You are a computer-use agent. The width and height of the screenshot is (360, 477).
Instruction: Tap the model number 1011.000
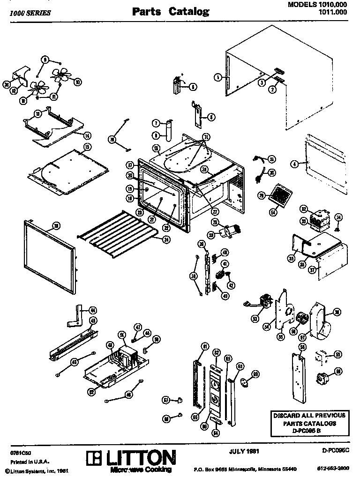tap(333, 13)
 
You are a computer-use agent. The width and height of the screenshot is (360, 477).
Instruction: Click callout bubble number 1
tap(217, 77)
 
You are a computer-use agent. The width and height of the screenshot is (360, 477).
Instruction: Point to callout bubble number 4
tap(294, 164)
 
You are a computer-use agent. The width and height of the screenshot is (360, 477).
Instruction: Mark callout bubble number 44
tap(93, 310)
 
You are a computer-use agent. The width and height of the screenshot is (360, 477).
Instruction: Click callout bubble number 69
tap(255, 373)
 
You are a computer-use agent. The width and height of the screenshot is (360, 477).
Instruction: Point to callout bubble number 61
tap(204, 346)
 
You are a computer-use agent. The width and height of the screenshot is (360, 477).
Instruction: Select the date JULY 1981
tap(245, 451)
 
